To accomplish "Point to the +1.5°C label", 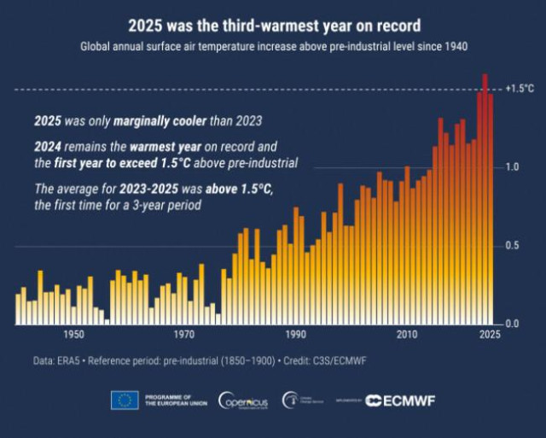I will point(520,89).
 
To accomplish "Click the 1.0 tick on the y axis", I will point(512,167).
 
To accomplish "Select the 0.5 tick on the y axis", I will point(512,246).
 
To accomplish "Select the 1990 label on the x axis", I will point(295,335).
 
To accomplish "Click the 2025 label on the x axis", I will point(488,335).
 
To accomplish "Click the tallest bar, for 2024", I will point(485,196).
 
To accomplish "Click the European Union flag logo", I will point(125,400).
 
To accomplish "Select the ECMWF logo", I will point(400,400).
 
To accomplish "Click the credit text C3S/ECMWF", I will point(337,362).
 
